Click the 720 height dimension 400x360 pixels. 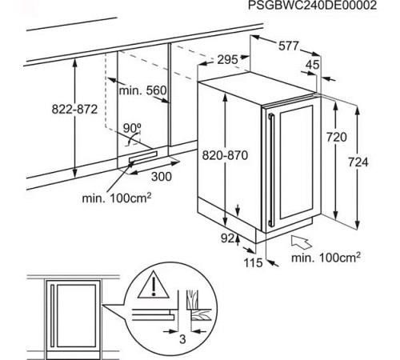tap(337, 138)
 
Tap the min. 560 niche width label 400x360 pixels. tap(142, 91)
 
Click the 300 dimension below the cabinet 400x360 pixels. tap(162, 175)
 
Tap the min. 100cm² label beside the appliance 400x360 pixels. tap(326, 258)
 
